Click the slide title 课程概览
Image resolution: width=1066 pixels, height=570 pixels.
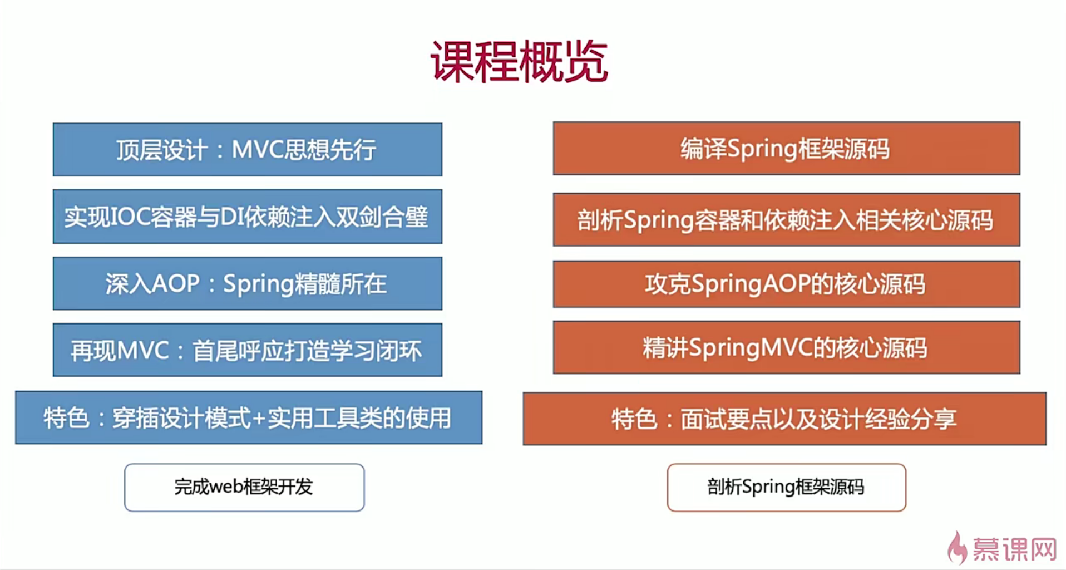click(x=519, y=61)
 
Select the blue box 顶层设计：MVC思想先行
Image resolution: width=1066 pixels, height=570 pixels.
click(x=248, y=150)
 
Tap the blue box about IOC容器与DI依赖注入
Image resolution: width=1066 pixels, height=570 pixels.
click(x=248, y=217)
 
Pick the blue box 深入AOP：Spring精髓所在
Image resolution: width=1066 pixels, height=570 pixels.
click(x=248, y=283)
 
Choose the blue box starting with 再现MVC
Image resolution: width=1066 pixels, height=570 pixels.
click(x=248, y=350)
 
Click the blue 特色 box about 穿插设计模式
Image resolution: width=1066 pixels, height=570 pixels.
click(x=249, y=417)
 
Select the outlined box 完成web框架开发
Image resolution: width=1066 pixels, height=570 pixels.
click(x=244, y=488)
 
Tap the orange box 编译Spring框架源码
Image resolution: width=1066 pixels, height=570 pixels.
click(x=787, y=149)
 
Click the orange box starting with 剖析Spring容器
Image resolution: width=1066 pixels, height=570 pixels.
click(x=787, y=219)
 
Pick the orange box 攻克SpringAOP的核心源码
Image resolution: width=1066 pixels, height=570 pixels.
click(x=787, y=284)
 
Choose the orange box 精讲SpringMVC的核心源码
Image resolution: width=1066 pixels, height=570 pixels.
click(x=787, y=347)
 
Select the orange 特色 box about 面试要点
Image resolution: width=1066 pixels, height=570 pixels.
click(x=784, y=419)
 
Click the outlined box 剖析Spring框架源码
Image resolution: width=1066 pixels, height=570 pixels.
click(x=787, y=488)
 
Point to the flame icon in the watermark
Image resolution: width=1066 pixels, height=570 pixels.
click(x=958, y=548)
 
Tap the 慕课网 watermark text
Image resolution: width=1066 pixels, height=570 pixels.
click(x=1014, y=550)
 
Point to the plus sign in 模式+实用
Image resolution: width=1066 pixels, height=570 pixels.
click(x=259, y=419)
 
